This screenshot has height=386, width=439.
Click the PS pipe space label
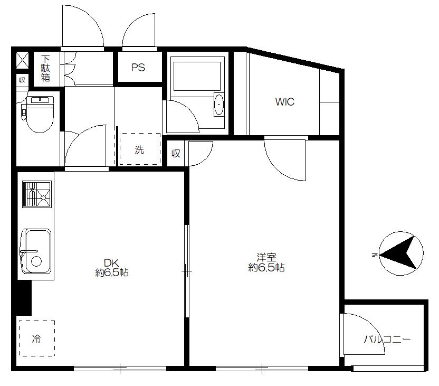pos(138,67)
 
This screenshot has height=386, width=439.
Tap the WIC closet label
pos(285,102)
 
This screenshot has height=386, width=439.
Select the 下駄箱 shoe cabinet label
pos(45,68)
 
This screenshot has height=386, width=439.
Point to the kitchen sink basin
pos(36,251)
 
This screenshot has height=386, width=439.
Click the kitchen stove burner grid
pos(37,194)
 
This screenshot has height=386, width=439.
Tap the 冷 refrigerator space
pos(37,338)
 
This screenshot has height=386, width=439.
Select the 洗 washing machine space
pos(140,149)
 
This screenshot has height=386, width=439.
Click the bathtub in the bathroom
pos(197,76)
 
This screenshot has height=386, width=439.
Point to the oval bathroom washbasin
pos(218,104)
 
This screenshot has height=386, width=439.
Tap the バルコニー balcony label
pos(387,340)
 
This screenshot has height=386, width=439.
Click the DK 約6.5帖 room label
pos(112,268)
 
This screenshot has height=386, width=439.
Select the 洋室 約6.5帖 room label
pos(266,262)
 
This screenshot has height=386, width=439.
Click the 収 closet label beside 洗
pos(176,153)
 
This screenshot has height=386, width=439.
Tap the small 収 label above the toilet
pos(22,80)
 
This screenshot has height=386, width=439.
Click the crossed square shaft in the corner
pos(22,60)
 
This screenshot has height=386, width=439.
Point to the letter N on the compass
pos(374,255)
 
